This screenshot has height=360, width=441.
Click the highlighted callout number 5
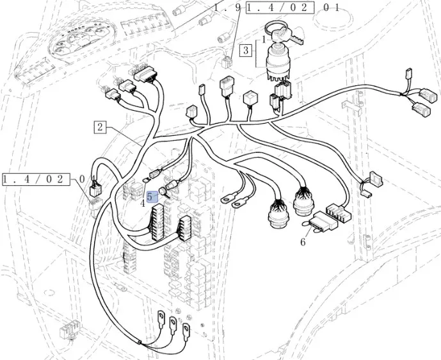(150, 197)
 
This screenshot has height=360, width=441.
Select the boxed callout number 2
(100, 126)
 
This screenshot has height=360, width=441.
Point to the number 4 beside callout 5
(143, 204)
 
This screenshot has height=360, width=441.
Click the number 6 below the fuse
(303, 241)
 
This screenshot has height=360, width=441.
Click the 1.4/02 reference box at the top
(280, 8)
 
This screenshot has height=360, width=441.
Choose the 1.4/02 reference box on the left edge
(35, 179)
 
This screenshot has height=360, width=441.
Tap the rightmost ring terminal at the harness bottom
(187, 332)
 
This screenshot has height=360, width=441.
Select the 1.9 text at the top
(227, 8)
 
